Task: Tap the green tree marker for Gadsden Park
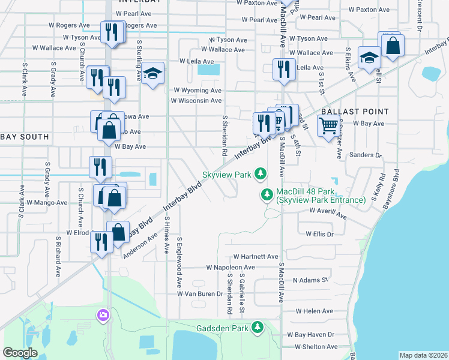click(258, 327)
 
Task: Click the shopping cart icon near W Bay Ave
click(328, 127)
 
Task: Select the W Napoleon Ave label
click(231, 267)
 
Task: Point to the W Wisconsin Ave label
click(196, 101)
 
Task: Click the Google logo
click(20, 353)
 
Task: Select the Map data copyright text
click(423, 355)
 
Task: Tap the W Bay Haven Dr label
click(310, 334)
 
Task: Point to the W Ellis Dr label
click(319, 234)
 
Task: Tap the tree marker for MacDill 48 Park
click(268, 194)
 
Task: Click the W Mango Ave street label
click(46, 203)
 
